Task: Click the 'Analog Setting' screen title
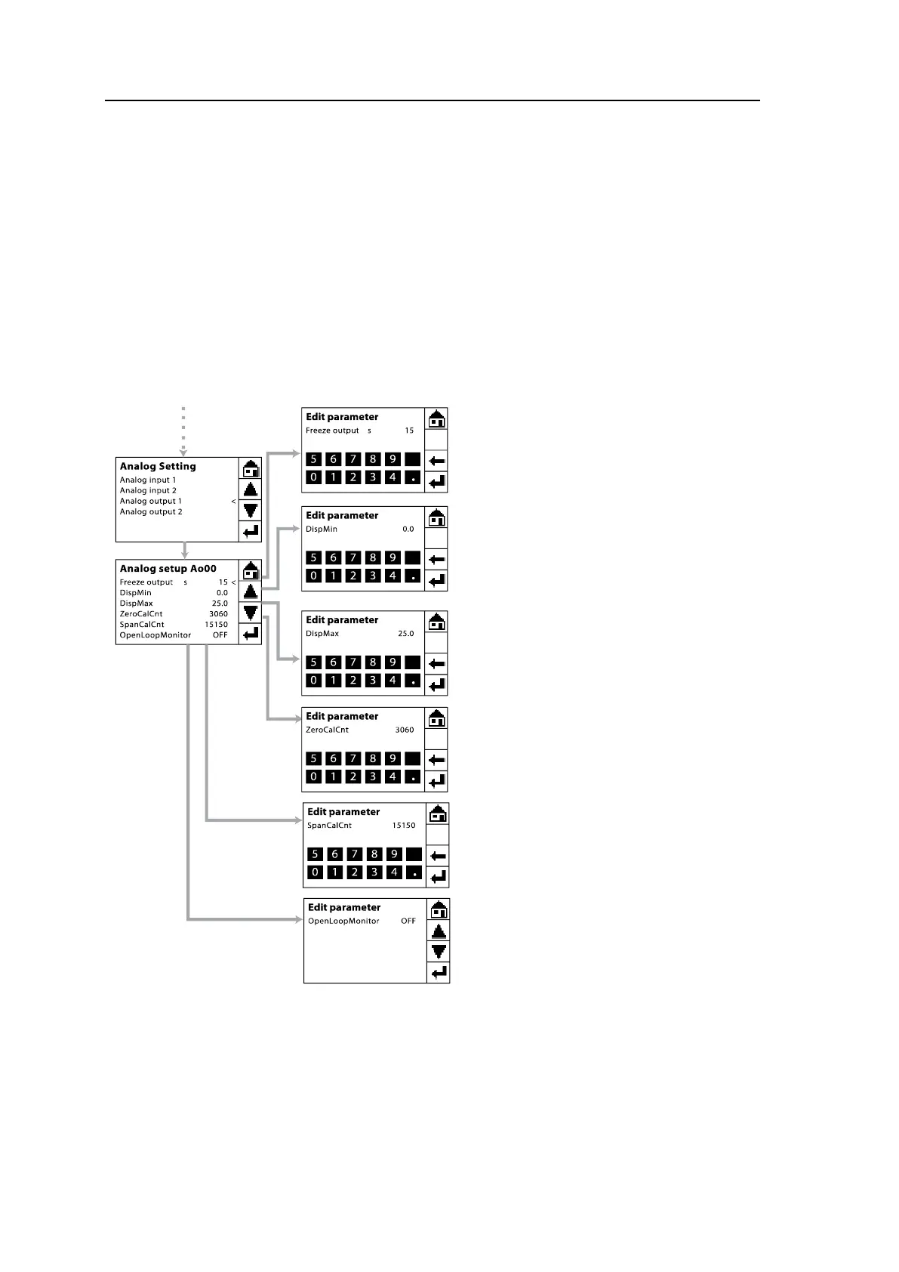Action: click(158, 467)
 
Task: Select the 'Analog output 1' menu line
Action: click(151, 502)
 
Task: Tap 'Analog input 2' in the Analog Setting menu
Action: click(148, 491)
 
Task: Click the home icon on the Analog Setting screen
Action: click(251, 468)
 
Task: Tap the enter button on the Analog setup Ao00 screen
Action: click(251, 634)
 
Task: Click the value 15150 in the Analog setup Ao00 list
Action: click(216, 625)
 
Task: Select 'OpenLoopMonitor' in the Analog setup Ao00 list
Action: click(155, 635)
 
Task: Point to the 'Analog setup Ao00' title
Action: click(168, 569)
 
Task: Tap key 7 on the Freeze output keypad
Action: click(353, 459)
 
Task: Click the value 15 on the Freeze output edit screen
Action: click(409, 431)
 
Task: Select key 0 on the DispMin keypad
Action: click(314, 576)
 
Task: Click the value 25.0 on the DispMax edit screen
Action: click(406, 634)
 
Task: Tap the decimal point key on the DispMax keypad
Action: click(413, 681)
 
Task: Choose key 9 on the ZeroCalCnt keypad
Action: click(393, 758)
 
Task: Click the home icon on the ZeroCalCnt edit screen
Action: click(436, 718)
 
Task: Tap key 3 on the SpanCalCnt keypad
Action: click(374, 872)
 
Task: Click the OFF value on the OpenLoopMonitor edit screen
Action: click(408, 922)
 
